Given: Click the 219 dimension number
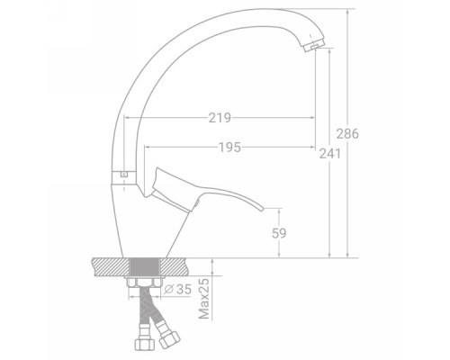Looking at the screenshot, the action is pyautogui.click(x=220, y=118).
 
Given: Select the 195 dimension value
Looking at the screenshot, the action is pyautogui.click(x=229, y=148).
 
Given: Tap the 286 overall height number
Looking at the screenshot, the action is pyautogui.click(x=347, y=134).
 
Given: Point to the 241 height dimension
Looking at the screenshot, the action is pyautogui.click(x=330, y=154).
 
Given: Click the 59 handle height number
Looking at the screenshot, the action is pyautogui.click(x=279, y=233).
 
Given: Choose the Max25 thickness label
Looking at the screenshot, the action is pyautogui.click(x=204, y=299).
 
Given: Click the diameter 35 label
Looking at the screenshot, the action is pyautogui.click(x=178, y=289).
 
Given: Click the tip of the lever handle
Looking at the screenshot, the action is pyautogui.click(x=262, y=209).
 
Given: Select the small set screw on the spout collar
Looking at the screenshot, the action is pyautogui.click(x=123, y=174).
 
